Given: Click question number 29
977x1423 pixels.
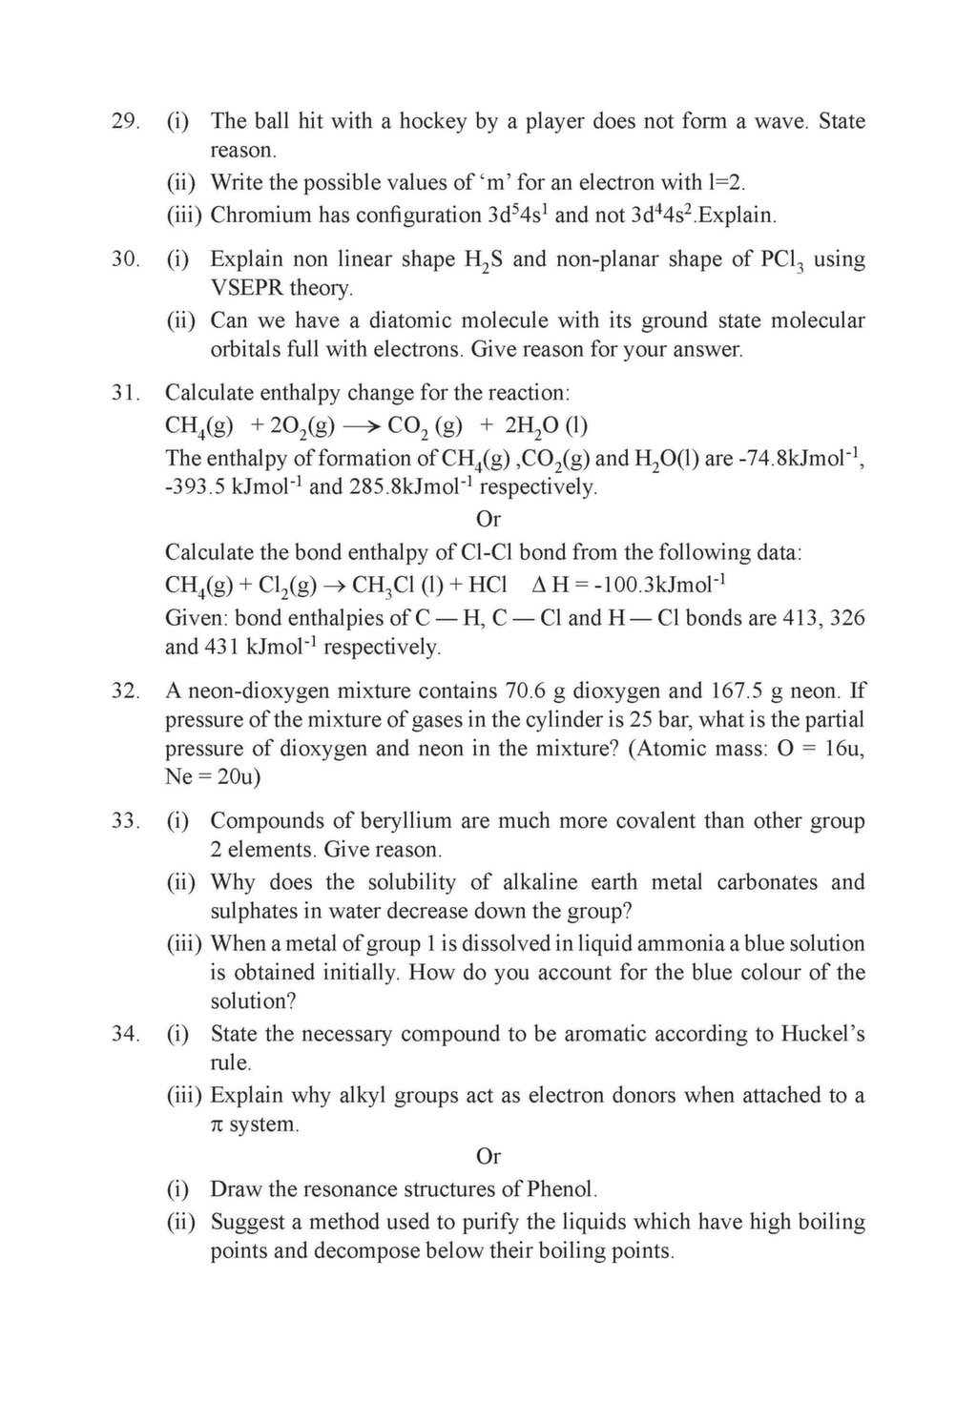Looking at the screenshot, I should (x=125, y=121).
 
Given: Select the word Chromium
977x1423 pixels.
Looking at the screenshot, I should (x=260, y=215).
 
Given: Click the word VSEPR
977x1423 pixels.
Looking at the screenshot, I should (x=245, y=288).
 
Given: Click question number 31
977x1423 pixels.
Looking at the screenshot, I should (x=125, y=393).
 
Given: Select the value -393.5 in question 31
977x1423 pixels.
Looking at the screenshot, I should (x=196, y=487).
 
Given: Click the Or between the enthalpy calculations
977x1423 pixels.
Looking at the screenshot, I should (x=488, y=520).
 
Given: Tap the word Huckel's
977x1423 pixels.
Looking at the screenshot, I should (x=822, y=1034).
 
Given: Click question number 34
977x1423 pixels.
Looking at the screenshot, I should (x=125, y=1034).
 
